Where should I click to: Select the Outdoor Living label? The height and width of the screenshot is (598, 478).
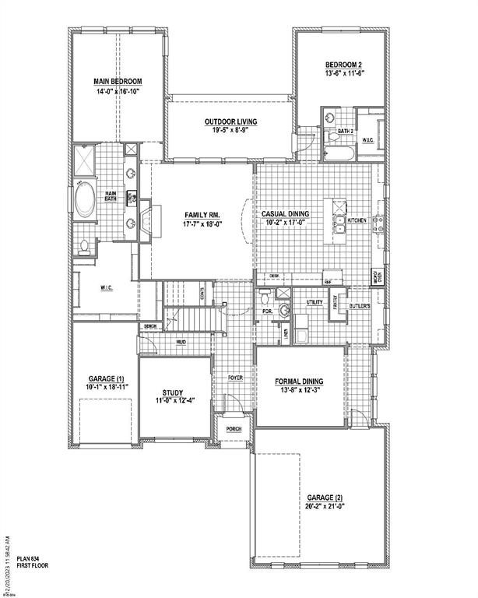click(231, 122)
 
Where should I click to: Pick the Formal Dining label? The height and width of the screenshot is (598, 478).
click(299, 381)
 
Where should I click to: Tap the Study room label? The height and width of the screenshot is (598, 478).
click(172, 392)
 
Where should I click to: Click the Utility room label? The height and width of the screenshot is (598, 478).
click(315, 302)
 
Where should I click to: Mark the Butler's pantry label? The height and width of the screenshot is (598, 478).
click(359, 307)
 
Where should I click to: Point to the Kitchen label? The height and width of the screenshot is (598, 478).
click(357, 220)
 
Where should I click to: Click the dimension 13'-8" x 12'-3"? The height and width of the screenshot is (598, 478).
click(299, 391)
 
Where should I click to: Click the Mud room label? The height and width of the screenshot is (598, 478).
click(181, 343)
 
